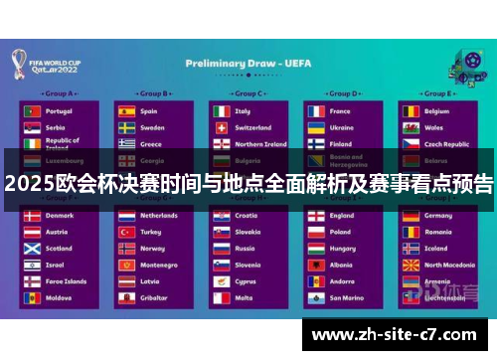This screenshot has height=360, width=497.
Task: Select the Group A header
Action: [54, 93]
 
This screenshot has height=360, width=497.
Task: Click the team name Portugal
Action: [59, 111]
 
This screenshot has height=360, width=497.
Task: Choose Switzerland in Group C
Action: [252, 127]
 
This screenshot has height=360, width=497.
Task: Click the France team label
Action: [340, 111]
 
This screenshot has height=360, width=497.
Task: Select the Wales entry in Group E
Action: [434, 127]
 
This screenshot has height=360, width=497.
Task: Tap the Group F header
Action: [54, 198]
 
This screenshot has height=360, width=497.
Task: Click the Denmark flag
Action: [32, 216]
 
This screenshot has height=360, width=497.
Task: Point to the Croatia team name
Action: [247, 216]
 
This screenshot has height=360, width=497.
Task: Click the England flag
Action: [314, 216]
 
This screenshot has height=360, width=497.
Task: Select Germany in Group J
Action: [438, 216]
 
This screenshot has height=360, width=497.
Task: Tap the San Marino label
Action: [347, 297]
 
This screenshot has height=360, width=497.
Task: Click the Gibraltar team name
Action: [153, 297]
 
